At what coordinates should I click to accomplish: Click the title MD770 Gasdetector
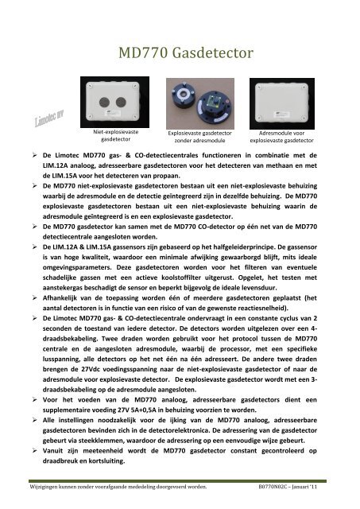[186, 53]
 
